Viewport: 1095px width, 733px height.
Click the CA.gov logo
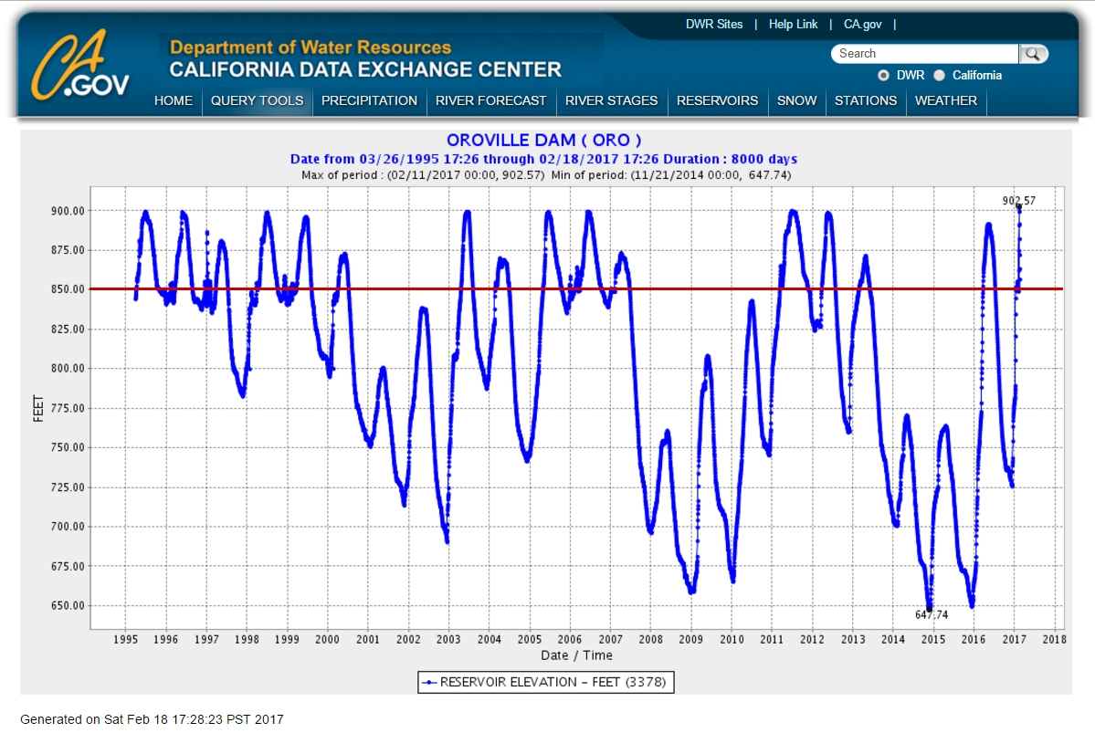pos(80,66)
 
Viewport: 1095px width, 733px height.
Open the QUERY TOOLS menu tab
pos(257,100)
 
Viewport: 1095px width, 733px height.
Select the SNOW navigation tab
pos(796,100)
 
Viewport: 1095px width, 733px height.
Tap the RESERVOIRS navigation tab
pos(717,100)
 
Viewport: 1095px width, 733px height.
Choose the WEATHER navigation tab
pos(945,100)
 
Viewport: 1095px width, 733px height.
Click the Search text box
pos(924,54)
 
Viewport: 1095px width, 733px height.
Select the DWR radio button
pos(883,76)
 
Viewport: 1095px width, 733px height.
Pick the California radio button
pos(939,76)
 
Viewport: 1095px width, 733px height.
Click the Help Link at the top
pos(793,25)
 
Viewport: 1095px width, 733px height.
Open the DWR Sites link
pos(714,25)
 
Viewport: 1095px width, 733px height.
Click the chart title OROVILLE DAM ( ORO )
pos(543,141)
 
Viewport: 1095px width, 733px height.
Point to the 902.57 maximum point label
pos(1019,200)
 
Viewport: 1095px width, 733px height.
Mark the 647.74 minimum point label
pos(932,615)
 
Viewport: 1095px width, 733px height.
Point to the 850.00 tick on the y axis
pos(67,289)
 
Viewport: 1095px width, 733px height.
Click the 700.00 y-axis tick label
pos(67,527)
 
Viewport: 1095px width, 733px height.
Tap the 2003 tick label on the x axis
pos(448,639)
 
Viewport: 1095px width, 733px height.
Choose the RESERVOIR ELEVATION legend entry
pos(546,682)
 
